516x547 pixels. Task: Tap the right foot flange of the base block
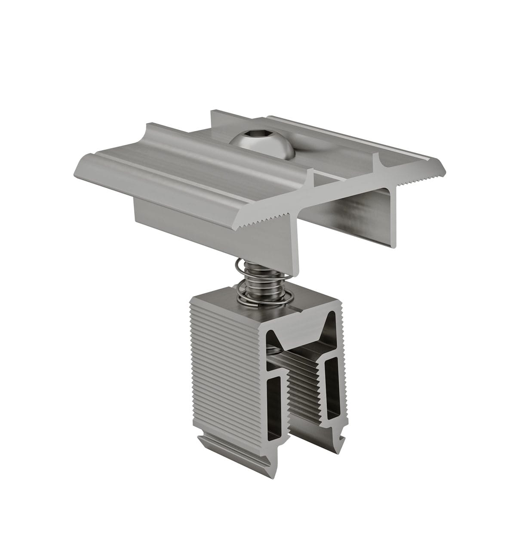click(333, 439)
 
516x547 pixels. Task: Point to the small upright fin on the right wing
click(378, 163)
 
